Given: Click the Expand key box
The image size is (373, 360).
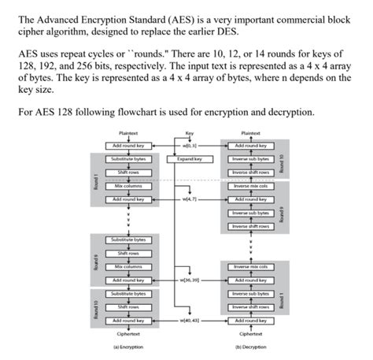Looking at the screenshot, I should point(189,158).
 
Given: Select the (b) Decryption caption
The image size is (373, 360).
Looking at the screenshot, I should point(248,347).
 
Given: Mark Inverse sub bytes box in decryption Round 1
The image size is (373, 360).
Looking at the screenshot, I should point(249,294).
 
